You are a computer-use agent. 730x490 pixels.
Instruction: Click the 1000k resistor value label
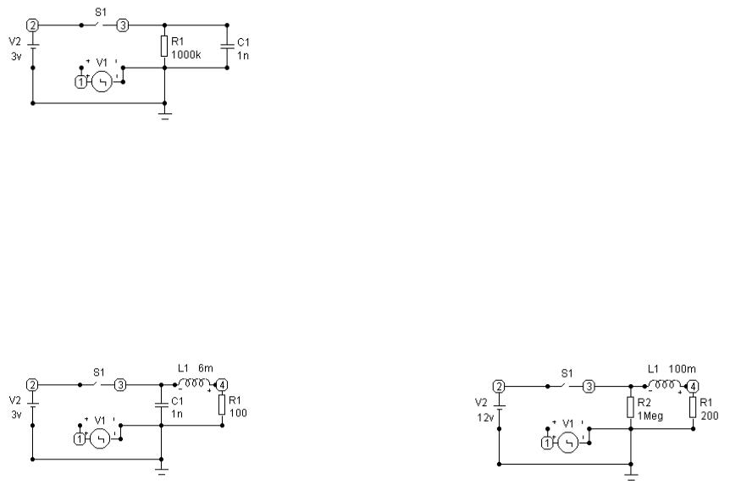[186, 55]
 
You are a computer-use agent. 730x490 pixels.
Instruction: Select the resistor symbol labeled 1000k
[164, 46]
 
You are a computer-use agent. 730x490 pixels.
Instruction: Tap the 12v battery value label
[485, 417]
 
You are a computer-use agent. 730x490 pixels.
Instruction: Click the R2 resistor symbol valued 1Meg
[631, 408]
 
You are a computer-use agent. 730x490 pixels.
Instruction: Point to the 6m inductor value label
[206, 368]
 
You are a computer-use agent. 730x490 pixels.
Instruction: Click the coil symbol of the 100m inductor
[661, 385]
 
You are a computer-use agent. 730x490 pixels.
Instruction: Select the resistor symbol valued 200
[694, 408]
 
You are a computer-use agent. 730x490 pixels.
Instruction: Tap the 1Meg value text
[650, 416]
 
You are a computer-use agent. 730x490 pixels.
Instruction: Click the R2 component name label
[644, 403]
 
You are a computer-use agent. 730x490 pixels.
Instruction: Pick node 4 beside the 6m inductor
[222, 385]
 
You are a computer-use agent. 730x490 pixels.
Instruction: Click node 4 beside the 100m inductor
[694, 386]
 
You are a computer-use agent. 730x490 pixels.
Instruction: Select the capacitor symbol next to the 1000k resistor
[227, 46]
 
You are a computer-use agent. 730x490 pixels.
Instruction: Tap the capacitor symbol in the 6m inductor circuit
[162, 405]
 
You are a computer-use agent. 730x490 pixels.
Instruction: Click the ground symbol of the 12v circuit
[631, 476]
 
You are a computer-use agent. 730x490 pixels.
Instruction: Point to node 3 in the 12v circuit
[589, 386]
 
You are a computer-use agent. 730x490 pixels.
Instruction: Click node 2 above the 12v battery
[499, 386]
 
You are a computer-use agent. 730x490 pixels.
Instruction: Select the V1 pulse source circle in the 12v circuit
[568, 443]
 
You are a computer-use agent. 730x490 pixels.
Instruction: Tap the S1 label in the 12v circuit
[567, 373]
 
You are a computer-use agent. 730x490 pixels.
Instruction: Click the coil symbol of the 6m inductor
[194, 383]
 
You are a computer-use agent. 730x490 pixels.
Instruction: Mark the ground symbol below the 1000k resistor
[165, 115]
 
